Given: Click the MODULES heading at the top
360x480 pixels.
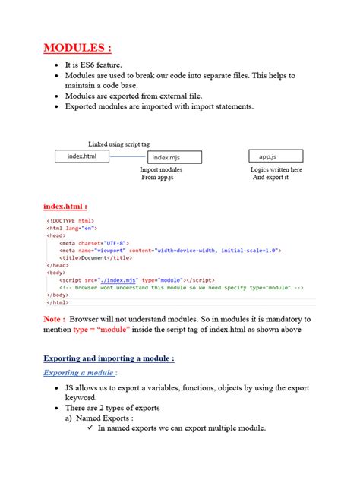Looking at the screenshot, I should [77, 49].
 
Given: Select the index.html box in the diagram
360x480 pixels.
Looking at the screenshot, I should [81, 156].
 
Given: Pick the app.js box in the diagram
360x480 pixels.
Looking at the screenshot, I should [276, 156].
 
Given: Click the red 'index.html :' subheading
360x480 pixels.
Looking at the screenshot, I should [65, 205].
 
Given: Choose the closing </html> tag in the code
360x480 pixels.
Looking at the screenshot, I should [59, 302].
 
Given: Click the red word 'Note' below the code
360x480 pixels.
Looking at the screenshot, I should [54, 319].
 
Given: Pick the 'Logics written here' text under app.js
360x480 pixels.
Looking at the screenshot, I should [276, 170].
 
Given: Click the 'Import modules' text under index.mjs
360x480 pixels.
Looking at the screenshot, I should [161, 170].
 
